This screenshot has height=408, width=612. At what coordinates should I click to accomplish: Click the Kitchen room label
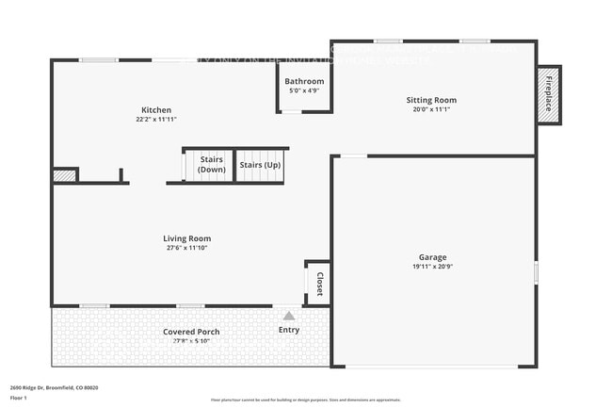[156, 110]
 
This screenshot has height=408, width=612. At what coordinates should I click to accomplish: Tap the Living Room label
[186, 238]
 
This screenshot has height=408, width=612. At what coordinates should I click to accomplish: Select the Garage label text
[433, 257]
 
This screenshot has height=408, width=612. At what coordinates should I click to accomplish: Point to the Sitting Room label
[431, 100]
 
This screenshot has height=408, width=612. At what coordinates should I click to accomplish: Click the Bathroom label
[304, 82]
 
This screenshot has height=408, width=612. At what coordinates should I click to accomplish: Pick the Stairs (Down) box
[211, 165]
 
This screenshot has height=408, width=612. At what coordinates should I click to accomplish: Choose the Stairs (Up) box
[259, 165]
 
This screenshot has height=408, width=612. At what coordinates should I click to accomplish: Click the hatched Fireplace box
[548, 93]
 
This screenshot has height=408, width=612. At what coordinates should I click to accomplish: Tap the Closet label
[320, 283]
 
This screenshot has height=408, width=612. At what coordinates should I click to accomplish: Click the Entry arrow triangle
[289, 316]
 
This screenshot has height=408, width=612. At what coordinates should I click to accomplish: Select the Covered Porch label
[191, 332]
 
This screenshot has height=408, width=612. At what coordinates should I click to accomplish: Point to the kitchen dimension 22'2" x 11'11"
[156, 120]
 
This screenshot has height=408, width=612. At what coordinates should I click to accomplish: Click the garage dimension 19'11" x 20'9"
[433, 267]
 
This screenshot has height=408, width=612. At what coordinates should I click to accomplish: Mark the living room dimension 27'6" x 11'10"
[186, 248]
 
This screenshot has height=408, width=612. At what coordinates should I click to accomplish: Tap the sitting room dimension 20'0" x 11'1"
[431, 109]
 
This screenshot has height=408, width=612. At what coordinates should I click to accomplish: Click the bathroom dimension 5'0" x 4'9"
[304, 91]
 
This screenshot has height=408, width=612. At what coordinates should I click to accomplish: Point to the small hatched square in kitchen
[64, 175]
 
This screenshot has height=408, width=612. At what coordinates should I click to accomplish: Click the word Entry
[289, 330]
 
